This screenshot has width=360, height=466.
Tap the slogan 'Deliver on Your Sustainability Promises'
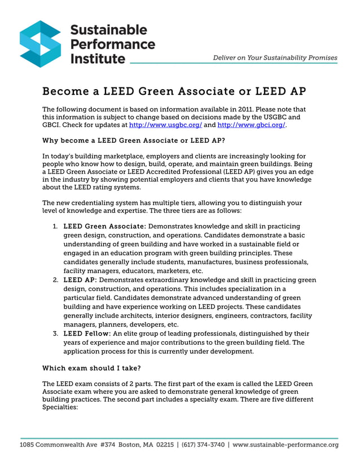point(275,58)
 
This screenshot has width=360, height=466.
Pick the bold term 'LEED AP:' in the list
point(80,280)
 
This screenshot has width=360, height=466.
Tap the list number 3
point(55,334)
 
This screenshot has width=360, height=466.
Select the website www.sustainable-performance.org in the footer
point(286,445)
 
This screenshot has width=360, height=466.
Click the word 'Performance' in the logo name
point(112,43)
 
